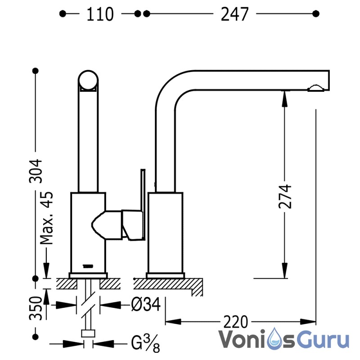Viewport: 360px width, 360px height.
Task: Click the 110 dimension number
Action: pyautogui.click(x=100, y=14)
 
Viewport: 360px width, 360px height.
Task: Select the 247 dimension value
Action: pyautogui.click(x=234, y=14)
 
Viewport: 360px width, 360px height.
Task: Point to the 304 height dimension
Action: pyautogui.click(x=36, y=171)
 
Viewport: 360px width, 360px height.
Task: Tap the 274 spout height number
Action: pyautogui.click(x=285, y=196)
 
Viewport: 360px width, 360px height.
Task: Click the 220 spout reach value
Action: pyautogui.click(x=236, y=322)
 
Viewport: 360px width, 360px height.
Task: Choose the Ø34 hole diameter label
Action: pyautogui.click(x=146, y=305)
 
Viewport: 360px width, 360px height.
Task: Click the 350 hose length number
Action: pyautogui.click(x=36, y=308)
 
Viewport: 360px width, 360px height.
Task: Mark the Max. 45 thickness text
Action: pyautogui.click(x=47, y=218)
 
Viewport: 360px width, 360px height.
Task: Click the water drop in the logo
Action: pyautogui.click(x=275, y=339)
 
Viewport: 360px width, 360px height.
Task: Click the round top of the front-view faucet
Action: pyautogui.click(x=88, y=81)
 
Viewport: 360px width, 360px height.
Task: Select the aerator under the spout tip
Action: pyautogui.click(x=316, y=88)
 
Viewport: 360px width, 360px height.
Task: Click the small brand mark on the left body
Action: pyautogui.click(x=88, y=266)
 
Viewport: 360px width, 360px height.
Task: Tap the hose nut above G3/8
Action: pyautogui.click(x=88, y=333)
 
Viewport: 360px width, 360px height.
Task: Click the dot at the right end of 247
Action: pyautogui.click(x=316, y=14)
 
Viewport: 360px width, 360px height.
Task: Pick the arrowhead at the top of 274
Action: pyautogui.click(x=285, y=99)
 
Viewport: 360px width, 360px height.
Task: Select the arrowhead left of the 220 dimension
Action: pyautogui.click(x=173, y=322)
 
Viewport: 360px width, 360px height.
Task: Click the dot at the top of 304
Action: pyautogui.click(x=36, y=71)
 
